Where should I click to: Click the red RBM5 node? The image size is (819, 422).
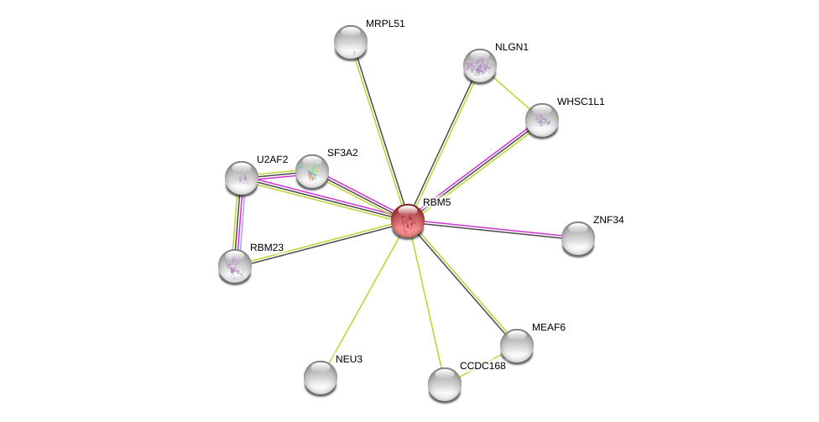click(408, 221)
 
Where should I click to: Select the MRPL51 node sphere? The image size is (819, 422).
click(351, 42)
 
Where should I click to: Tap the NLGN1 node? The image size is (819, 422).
click(479, 65)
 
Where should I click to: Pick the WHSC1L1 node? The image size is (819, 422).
click(541, 120)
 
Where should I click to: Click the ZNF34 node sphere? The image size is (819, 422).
click(577, 238)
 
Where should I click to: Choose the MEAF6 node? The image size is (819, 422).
click(517, 346)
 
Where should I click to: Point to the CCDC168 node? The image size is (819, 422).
click(445, 384)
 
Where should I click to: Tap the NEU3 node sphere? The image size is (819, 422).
click(321, 377)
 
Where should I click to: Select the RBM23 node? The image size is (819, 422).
click(234, 266)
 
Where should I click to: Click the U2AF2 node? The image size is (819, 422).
click(242, 178)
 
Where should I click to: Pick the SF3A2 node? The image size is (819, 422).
click(312, 171)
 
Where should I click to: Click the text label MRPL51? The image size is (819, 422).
click(385, 24)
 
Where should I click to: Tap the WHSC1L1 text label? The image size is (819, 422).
click(581, 102)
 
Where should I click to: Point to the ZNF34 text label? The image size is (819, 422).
click(608, 220)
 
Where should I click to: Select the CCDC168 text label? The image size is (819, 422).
click(483, 366)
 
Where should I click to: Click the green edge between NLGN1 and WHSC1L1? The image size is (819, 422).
click(511, 93)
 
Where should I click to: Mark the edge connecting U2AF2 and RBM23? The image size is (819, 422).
click(238, 222)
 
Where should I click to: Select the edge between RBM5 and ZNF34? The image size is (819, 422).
click(493, 230)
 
